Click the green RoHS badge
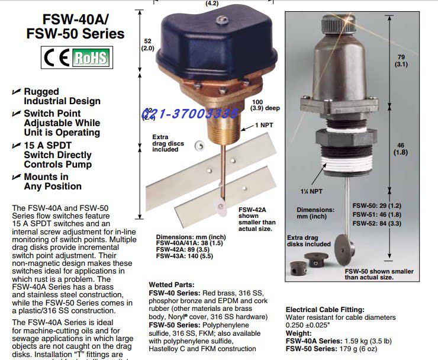tap(90, 57)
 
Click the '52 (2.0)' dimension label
tap(147, 44)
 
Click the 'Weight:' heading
tap(299, 334)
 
